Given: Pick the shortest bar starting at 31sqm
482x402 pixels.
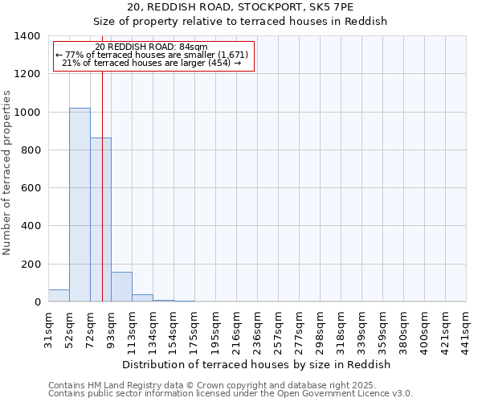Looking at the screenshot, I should (x=59, y=296).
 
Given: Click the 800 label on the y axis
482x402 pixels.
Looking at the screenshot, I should (x=30, y=150).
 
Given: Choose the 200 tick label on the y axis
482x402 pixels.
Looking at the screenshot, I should (x=30, y=265).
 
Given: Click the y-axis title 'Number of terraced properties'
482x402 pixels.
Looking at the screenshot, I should (x=8, y=173).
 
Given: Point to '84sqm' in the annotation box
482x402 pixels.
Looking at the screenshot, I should (x=195, y=47).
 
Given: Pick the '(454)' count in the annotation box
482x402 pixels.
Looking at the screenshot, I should (x=219, y=63).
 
